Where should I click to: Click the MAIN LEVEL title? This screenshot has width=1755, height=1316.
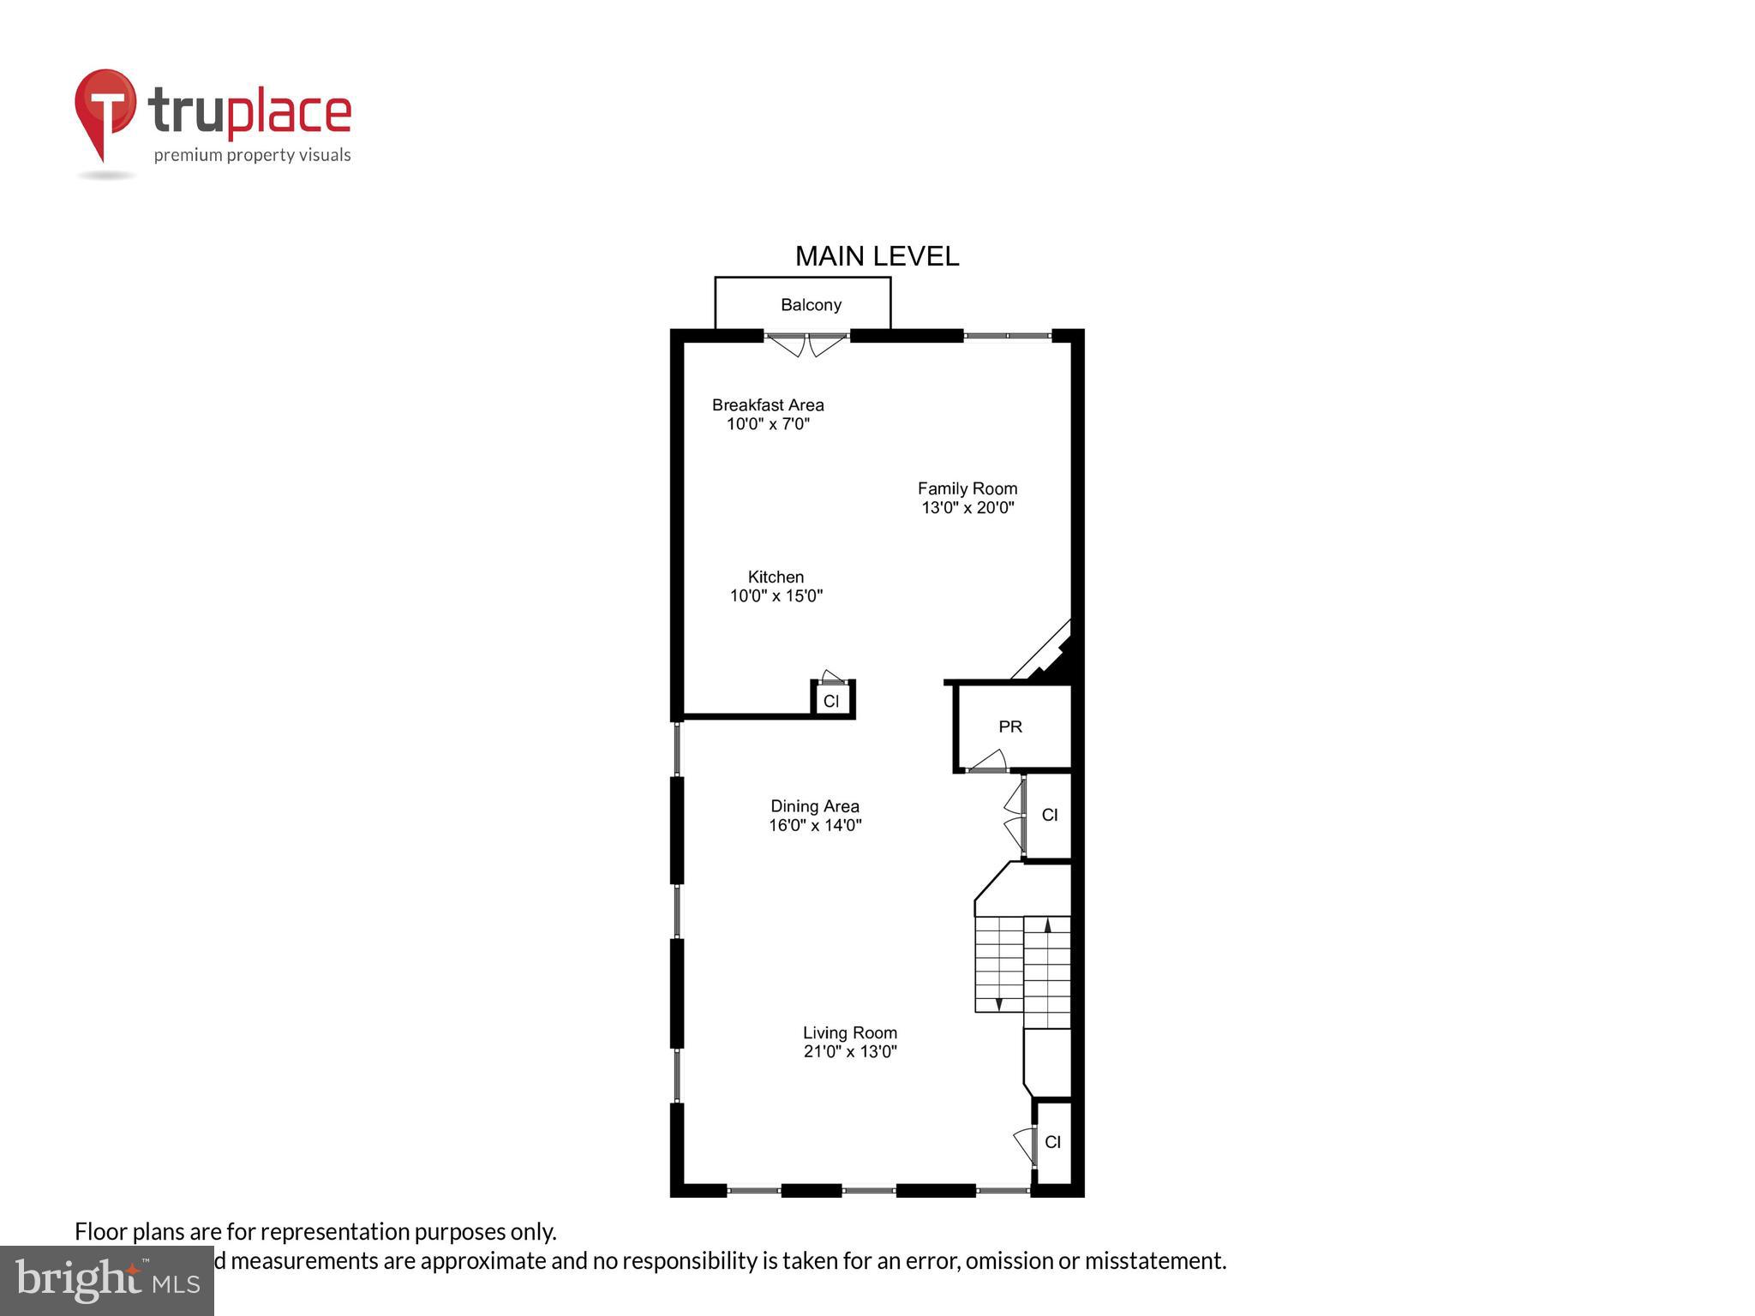coord(877,256)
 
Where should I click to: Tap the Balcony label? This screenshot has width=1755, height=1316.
coord(811,305)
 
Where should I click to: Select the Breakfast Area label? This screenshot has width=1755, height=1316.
coord(768,404)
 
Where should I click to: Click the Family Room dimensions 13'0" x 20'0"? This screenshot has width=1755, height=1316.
coord(967,508)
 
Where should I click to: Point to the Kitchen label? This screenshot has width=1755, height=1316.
coord(776,577)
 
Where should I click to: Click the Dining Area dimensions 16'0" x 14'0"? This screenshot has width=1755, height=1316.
coord(815,825)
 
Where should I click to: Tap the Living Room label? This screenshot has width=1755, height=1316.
coord(849,1032)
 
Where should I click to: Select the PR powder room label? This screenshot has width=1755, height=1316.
coord(1010,727)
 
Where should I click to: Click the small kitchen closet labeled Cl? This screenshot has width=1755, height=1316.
coord(831,701)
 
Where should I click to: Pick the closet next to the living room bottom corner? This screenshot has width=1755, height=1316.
coord(1053,1142)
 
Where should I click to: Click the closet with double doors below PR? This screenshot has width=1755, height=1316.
coord(1050,815)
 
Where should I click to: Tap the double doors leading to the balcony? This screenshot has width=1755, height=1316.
coord(806,344)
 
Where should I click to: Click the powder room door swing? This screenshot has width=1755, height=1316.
coord(989,762)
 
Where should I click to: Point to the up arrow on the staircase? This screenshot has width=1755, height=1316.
coord(1047,925)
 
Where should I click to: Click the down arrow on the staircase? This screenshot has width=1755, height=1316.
coord(998,1003)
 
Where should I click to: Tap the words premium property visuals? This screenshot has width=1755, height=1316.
coord(252,155)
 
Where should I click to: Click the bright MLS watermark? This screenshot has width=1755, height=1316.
coord(107,1280)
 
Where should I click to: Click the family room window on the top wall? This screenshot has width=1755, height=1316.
coord(1008,336)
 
